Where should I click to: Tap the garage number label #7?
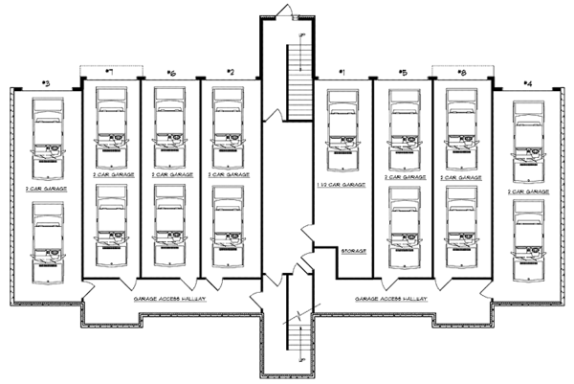coord(110,73)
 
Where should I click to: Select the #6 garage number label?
coord(170,73)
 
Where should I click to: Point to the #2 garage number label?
coord(230,73)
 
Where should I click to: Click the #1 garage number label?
coord(342,73)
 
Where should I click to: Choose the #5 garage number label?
coord(403,73)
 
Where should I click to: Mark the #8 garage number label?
coord(462,73)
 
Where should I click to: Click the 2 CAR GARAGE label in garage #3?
coord(47,190)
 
